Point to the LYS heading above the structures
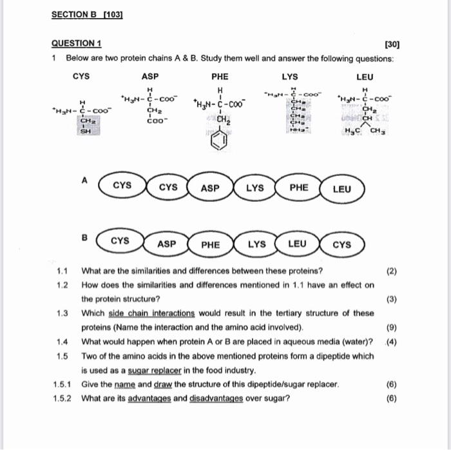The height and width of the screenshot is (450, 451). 290,75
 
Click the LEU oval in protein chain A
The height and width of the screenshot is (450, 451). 341,189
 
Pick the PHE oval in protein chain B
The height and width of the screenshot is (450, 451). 210,244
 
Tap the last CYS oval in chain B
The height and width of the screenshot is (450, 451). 342,244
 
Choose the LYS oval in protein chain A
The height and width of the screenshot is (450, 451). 254,188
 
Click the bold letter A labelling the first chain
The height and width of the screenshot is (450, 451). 84,181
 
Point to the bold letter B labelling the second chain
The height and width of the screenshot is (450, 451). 83,237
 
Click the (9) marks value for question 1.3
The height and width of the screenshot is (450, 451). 391,327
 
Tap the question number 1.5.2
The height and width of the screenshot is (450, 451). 65,398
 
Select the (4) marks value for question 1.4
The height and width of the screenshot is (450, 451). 391,341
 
